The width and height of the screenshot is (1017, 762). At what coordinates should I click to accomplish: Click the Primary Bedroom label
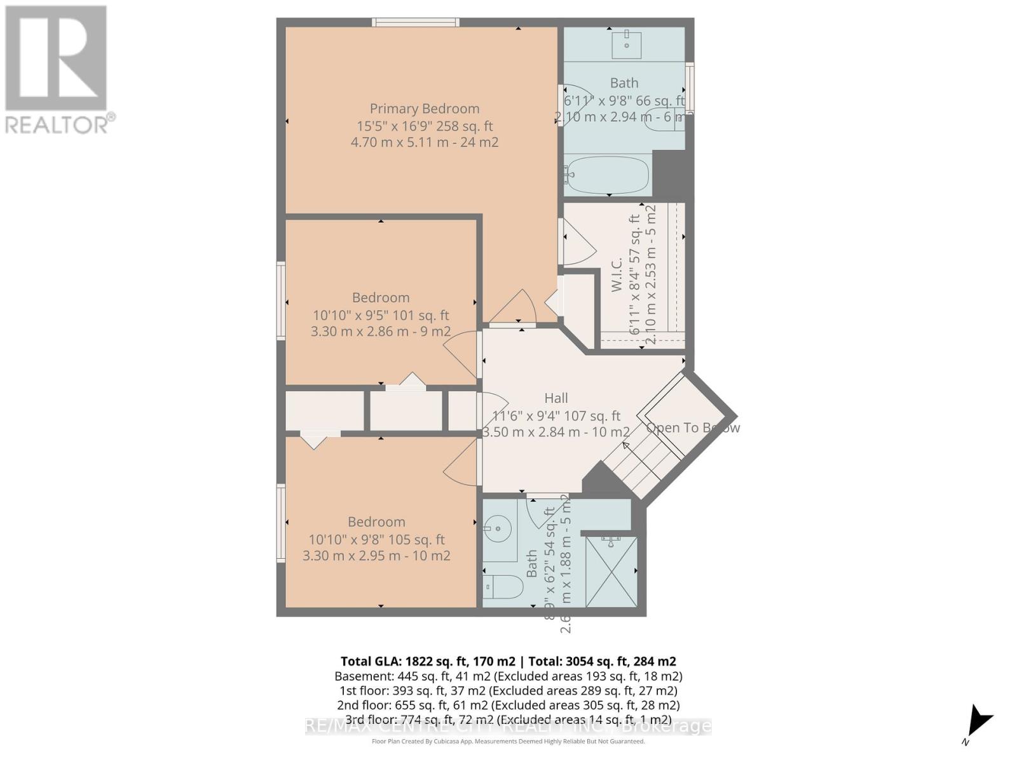pyautogui.click(x=425, y=109)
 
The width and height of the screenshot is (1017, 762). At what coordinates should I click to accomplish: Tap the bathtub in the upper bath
pyautogui.click(x=607, y=175)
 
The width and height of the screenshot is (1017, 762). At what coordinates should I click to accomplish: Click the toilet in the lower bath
pyautogui.click(x=502, y=587)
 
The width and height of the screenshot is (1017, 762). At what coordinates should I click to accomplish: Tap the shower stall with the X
pyautogui.click(x=610, y=571)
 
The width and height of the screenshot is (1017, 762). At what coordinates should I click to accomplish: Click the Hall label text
pyautogui.click(x=556, y=398)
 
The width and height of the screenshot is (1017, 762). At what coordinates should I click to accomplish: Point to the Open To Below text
pyautogui.click(x=693, y=427)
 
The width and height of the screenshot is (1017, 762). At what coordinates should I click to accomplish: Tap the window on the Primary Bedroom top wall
pyautogui.click(x=416, y=23)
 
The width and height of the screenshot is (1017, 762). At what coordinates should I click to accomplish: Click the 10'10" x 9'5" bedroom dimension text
pyautogui.click(x=380, y=315)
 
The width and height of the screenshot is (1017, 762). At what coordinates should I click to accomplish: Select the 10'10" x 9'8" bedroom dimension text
pyautogui.click(x=376, y=540)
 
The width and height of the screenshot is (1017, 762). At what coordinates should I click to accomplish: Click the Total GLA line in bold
pyautogui.click(x=508, y=661)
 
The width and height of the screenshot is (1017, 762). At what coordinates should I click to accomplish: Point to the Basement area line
pyautogui.click(x=508, y=676)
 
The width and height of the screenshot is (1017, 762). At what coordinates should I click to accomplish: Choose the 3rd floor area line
pyautogui.click(x=508, y=719)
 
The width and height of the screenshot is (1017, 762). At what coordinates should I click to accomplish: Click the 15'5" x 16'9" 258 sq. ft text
pyautogui.click(x=425, y=126)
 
